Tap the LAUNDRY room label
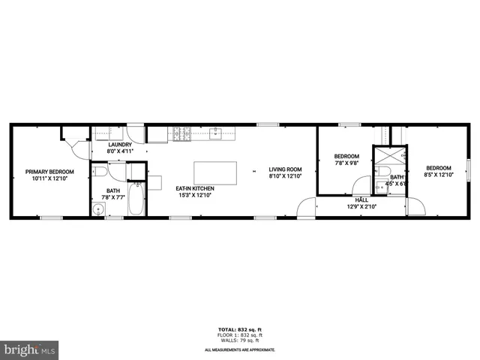click(120, 144)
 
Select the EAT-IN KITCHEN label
click(195, 187)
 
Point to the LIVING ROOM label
click(285, 169)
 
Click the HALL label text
click(361, 200)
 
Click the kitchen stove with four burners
click(180, 135)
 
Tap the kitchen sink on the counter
click(215, 134)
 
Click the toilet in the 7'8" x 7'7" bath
click(100, 172)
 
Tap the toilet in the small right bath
click(380, 188)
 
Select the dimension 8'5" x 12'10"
click(439, 175)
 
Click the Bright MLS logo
click(30, 349)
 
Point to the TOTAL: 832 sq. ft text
click(239, 328)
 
